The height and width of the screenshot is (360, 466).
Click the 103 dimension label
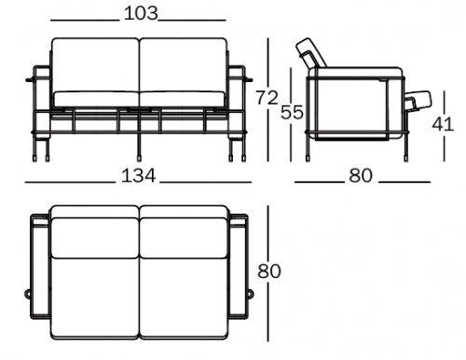pyautogui.click(x=141, y=14)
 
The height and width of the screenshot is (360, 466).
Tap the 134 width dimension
pyautogui.click(x=138, y=175)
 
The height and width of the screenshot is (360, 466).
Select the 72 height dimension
pyautogui.click(x=267, y=98)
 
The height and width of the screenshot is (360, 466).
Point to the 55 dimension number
pyautogui.click(x=292, y=112)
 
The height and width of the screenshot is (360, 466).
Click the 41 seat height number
pyautogui.click(x=443, y=125)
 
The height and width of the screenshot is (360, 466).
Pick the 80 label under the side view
pyautogui.click(x=361, y=175)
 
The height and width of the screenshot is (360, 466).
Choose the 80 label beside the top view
pyautogui.click(x=269, y=270)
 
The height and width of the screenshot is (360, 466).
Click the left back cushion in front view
pyautogui.click(x=95, y=65)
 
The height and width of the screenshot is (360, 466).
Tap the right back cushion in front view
pyautogui.click(x=184, y=65)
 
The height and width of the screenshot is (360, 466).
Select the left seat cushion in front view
pyautogui.click(x=97, y=99)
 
